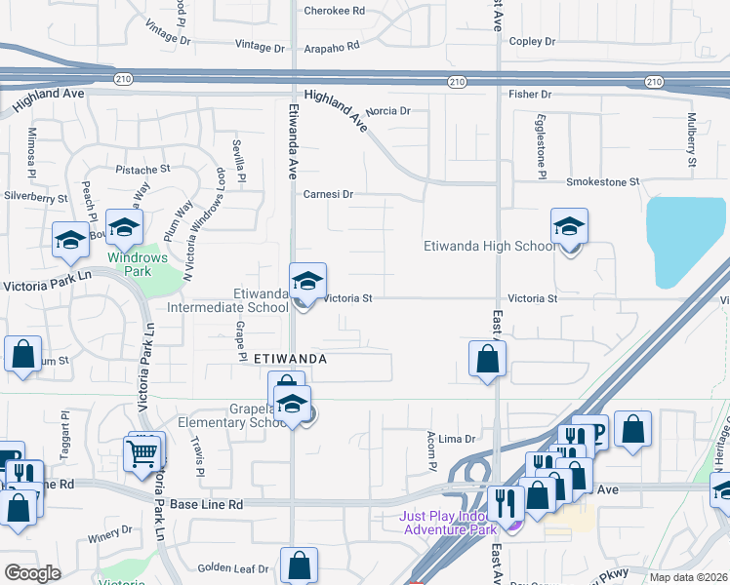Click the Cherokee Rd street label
(x=334, y=11)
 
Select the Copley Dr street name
(x=532, y=42)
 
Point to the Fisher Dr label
(x=531, y=95)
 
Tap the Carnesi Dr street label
(x=327, y=194)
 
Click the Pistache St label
(x=143, y=169)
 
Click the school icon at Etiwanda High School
(x=569, y=228)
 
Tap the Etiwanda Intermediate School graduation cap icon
(x=307, y=283)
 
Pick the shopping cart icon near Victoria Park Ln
(x=142, y=451)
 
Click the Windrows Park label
(x=138, y=264)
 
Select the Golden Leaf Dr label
(x=233, y=568)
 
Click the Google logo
(x=33, y=573)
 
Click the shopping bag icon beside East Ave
(x=487, y=359)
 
